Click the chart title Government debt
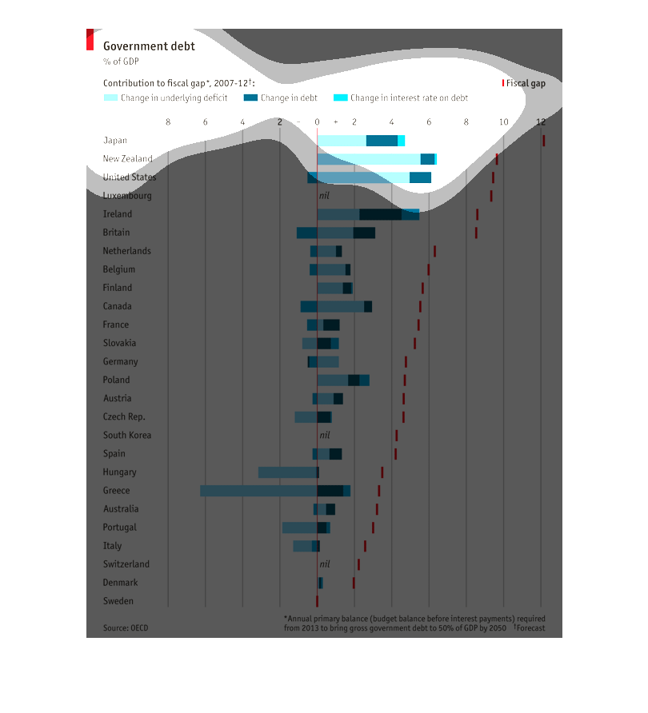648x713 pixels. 149,46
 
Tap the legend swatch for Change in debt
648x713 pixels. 250,98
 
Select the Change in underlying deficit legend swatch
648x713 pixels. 110,98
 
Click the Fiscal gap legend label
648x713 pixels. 526,83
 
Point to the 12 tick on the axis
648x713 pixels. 542,121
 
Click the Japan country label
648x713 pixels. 115,141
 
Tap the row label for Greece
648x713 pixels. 116,491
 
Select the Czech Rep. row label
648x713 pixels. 124,417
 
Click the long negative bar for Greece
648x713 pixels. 258,491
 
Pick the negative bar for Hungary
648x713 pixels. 287,472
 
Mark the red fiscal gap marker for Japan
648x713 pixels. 543,141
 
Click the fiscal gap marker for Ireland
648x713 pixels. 477,214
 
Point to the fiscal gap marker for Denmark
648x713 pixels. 354,583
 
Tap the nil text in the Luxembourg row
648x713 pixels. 324,196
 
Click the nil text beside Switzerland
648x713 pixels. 324,564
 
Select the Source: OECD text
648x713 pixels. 126,628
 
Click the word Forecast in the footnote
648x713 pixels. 530,628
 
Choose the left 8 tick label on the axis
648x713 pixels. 168,121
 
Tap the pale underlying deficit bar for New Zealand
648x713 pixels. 368,159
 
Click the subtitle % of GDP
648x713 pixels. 116,62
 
